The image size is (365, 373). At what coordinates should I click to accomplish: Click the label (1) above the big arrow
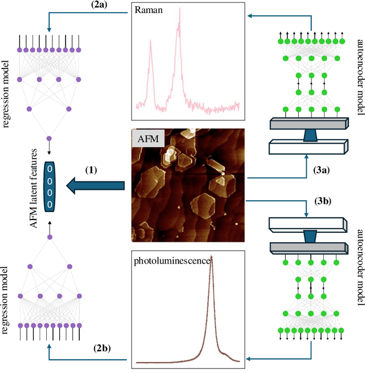(x=91, y=170)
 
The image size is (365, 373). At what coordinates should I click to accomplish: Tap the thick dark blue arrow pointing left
(x=96, y=185)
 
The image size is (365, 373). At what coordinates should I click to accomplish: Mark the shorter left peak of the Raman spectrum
(x=151, y=41)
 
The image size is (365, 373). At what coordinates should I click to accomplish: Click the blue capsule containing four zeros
(x=50, y=185)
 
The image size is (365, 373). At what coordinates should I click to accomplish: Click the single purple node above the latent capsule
(x=49, y=138)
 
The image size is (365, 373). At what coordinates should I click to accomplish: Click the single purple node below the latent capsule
(x=49, y=237)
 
